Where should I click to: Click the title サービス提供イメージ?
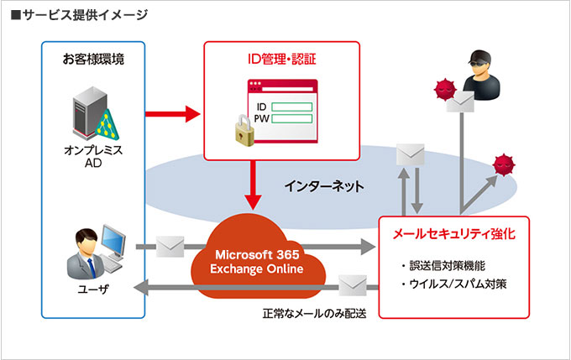point(80,14)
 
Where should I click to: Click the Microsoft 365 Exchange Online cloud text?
point(258,261)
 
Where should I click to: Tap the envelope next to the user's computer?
point(170,246)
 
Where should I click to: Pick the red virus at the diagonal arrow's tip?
point(503,165)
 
